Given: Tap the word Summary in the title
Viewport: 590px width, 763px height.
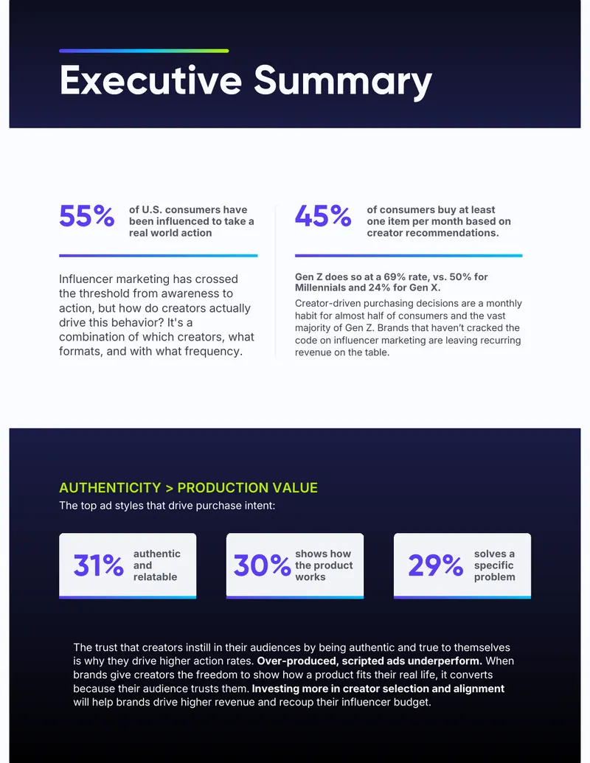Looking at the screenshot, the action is pyautogui.click(x=343, y=82).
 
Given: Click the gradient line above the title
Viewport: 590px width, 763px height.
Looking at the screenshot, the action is pyautogui.click(x=144, y=51).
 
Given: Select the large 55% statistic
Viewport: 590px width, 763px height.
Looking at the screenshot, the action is pyautogui.click(x=86, y=216).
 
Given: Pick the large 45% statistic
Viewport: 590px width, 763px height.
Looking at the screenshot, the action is pyautogui.click(x=323, y=216).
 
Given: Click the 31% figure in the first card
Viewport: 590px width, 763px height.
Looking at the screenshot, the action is pyautogui.click(x=98, y=565).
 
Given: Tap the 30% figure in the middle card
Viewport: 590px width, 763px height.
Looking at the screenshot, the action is pyautogui.click(x=262, y=565).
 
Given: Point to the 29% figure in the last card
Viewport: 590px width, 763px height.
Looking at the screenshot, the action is pyautogui.click(x=435, y=565).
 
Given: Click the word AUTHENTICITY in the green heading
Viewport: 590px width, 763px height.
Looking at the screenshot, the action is pyautogui.click(x=110, y=487).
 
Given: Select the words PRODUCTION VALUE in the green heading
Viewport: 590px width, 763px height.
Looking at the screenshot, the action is pyautogui.click(x=247, y=487).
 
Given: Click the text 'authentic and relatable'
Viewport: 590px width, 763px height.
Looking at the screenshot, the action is pyautogui.click(x=157, y=565).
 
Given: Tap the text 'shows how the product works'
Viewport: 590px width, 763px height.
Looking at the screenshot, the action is pyautogui.click(x=324, y=565).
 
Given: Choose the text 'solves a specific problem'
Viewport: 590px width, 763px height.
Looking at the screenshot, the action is pyautogui.click(x=495, y=565).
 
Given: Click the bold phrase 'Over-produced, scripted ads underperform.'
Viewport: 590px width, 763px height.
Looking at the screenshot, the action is pyautogui.click(x=369, y=661).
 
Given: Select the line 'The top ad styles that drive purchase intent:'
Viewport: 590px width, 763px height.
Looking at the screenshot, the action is pyautogui.click(x=167, y=506).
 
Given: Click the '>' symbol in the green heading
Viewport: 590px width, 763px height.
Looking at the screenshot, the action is pyautogui.click(x=169, y=487).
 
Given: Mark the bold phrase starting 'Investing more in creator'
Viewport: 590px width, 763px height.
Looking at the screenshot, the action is pyautogui.click(x=378, y=689).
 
